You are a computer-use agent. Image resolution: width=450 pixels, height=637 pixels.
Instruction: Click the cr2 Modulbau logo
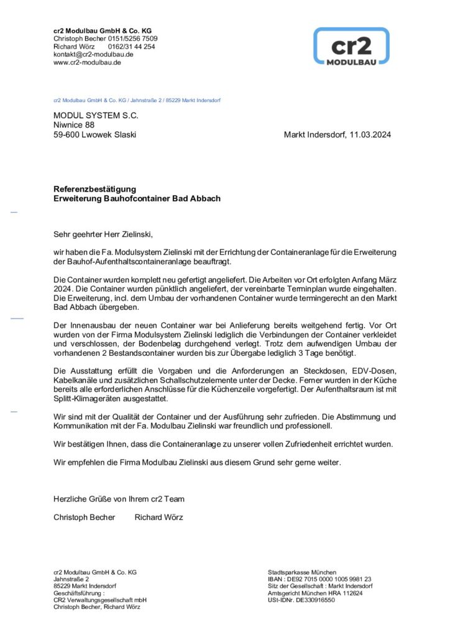351,46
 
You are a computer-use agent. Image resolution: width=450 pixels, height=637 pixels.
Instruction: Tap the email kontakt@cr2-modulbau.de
93,54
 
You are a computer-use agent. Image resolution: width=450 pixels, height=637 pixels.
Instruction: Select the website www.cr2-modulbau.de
87,62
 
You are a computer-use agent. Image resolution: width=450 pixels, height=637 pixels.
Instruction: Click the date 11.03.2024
370,134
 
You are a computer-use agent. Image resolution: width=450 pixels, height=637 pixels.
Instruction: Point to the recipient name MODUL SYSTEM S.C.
96,115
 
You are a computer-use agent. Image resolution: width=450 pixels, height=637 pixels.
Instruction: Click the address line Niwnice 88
74,125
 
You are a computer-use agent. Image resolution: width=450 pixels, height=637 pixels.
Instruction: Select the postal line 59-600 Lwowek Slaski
94,134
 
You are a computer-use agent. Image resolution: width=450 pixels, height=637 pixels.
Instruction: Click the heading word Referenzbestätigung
94,189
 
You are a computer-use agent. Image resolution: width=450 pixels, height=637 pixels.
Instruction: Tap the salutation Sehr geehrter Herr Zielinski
103,235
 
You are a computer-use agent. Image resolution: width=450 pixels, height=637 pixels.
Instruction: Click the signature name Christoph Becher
84,517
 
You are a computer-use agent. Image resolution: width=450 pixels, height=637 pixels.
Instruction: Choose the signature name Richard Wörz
158,517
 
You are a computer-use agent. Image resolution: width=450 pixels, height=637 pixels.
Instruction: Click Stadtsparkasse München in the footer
302,572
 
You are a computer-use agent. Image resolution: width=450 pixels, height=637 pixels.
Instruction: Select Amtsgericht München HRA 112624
315,593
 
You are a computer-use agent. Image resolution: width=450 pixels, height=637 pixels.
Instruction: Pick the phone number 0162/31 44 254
132,47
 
